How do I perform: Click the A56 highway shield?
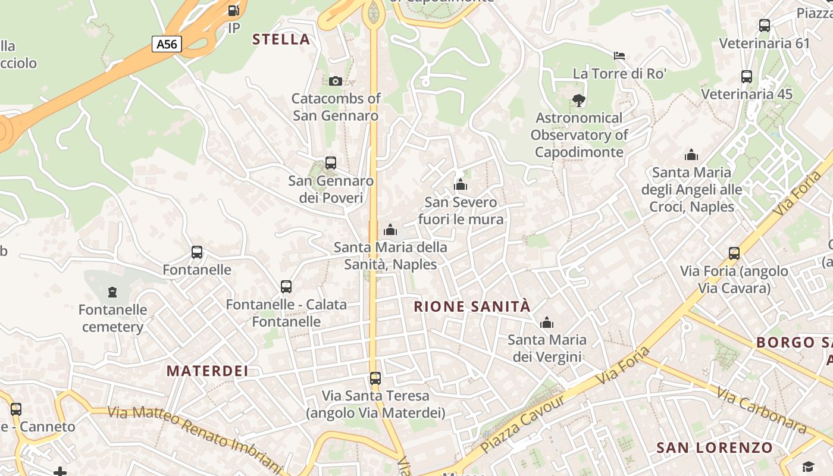tap(167, 43)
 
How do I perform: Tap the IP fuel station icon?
tap(234, 11)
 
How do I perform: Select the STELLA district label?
tap(281, 39)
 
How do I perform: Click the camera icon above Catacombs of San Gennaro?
tap(336, 81)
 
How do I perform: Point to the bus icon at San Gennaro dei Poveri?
tap(331, 162)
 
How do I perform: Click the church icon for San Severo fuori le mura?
tap(461, 184)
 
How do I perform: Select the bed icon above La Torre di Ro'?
tap(619, 56)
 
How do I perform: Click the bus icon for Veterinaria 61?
tap(765, 26)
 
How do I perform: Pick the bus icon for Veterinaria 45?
tap(747, 77)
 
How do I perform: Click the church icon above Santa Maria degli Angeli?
tap(691, 155)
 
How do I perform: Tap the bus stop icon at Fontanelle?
tap(197, 252)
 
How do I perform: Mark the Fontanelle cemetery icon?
tap(112, 292)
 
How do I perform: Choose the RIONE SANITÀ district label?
tap(472, 306)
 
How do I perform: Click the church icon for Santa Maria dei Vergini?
tap(547, 323)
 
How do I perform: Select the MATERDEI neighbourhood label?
tap(207, 371)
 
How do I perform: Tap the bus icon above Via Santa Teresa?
tap(375, 378)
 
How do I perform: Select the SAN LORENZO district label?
tap(715, 447)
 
